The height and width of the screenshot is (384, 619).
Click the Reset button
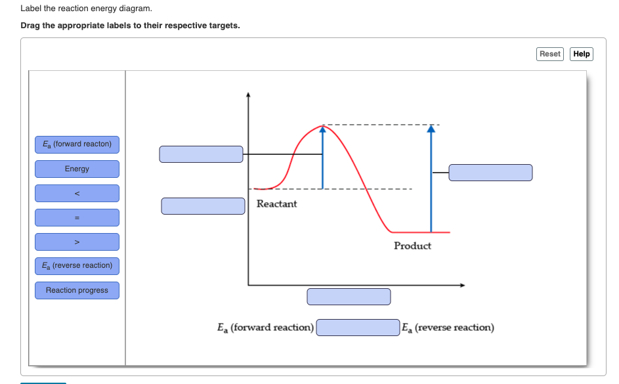point(550,54)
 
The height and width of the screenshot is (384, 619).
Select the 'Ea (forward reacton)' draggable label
point(77,144)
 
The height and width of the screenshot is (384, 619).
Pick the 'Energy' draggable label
point(77,169)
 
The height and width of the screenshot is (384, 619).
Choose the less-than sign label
point(77,193)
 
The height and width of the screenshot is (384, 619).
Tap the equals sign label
point(77,217)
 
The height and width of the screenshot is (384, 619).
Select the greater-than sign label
point(77,242)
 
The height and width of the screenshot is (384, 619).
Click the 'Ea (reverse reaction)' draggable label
point(77,266)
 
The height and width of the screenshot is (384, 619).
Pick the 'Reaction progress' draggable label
point(77,290)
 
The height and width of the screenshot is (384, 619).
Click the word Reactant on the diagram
point(276,204)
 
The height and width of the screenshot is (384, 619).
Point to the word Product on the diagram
point(412,245)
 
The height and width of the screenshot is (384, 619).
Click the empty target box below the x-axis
point(349,297)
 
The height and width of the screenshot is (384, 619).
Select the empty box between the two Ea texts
point(358,327)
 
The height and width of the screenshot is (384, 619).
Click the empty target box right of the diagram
point(490,173)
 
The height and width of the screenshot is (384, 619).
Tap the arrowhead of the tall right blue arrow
point(431,129)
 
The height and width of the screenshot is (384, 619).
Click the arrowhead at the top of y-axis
point(248,95)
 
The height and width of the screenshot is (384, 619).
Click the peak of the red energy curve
point(322,125)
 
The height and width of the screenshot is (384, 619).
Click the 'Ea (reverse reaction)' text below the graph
point(448,328)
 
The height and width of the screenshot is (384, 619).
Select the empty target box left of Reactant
point(203,205)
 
